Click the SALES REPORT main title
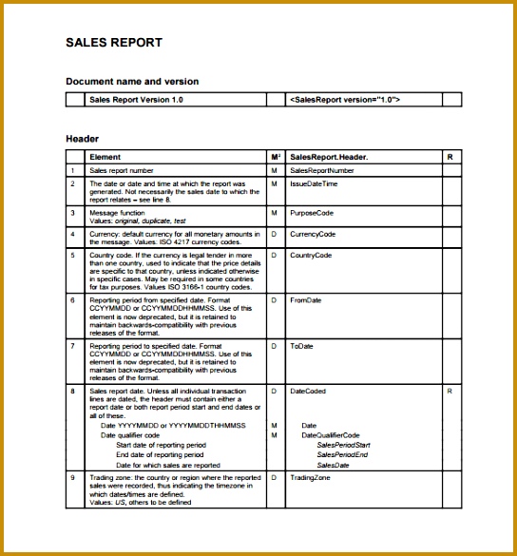coord(113,43)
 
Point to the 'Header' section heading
coord(82,139)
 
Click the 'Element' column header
coord(105,157)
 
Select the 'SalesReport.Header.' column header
coord(329,157)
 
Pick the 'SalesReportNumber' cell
coord(322,170)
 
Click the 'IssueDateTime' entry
coord(314,183)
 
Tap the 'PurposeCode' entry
coord(313,212)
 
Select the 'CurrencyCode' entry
coord(313,234)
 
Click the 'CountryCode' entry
coord(311,256)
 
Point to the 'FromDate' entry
coord(305,300)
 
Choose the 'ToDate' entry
coord(301,346)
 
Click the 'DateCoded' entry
coord(308,391)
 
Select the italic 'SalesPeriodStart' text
coord(343,445)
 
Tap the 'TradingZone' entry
coord(310,478)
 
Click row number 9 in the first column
coord(72,478)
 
